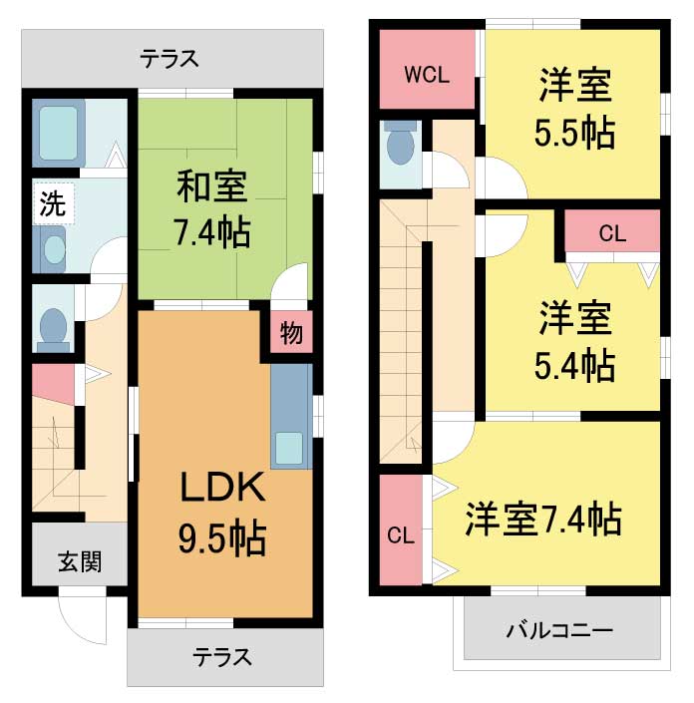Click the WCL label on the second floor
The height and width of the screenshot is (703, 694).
click(427, 75)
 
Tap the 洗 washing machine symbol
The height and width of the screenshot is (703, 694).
click(54, 203)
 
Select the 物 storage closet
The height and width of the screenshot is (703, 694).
click(291, 333)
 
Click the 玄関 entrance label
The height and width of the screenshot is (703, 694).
click(80, 561)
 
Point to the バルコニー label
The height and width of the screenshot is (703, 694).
click(559, 631)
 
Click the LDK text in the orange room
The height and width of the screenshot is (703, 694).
click(222, 488)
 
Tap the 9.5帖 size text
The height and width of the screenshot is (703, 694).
click(222, 537)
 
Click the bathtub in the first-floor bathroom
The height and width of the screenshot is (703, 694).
click(58, 133)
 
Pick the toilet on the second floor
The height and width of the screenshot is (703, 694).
click(400, 143)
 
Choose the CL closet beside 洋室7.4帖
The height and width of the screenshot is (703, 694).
click(401, 530)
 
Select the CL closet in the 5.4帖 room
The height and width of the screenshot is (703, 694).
click(612, 233)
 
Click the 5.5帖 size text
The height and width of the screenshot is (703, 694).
click(574, 133)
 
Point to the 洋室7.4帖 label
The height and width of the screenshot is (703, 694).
click(543, 520)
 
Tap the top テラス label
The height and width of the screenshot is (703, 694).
click(170, 59)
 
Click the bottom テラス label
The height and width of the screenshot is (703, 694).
click(222, 657)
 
